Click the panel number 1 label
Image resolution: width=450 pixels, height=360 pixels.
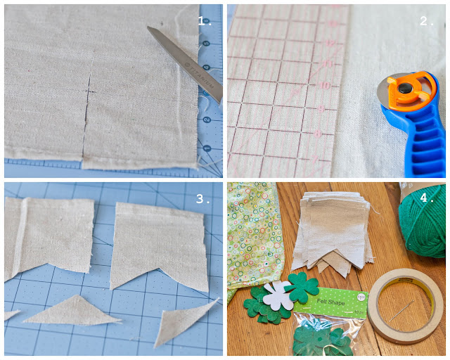pos(205,20)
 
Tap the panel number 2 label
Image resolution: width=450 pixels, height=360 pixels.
pos(427,20)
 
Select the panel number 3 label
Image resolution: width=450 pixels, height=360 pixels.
pos(204,198)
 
